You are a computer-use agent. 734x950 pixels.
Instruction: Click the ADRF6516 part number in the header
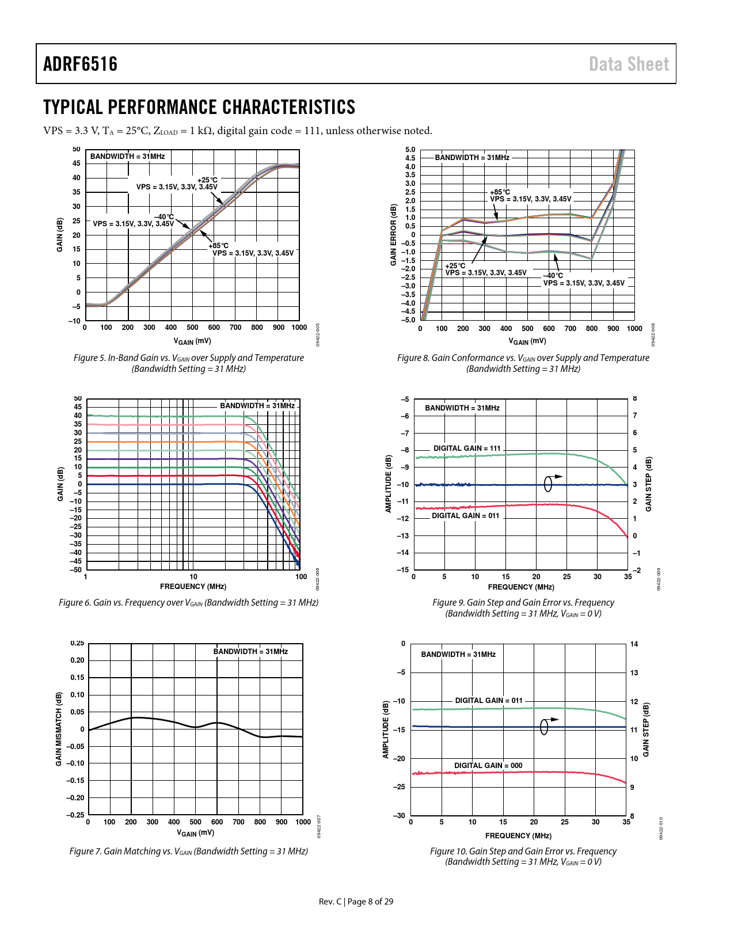click(80, 64)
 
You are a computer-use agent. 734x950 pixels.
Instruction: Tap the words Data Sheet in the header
click(629, 64)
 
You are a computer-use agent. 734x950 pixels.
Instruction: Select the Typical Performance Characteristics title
click(199, 107)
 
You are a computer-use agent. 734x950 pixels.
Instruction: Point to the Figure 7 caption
click(189, 851)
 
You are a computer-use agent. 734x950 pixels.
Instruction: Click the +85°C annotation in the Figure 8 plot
click(500, 192)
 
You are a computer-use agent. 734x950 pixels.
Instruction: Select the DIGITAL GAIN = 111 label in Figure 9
click(467, 448)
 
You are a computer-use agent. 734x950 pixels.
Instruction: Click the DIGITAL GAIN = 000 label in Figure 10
click(488, 765)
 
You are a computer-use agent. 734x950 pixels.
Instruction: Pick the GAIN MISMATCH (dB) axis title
click(59, 729)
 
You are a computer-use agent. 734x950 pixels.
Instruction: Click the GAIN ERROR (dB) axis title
click(394, 234)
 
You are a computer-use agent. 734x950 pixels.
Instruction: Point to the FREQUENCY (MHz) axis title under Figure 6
click(193, 587)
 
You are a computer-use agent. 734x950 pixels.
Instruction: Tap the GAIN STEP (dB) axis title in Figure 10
click(646, 730)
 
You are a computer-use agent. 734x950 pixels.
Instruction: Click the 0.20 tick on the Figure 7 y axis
click(77, 660)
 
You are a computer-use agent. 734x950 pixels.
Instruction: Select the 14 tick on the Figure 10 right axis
click(634, 644)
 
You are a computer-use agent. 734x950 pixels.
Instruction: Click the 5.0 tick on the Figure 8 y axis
click(410, 150)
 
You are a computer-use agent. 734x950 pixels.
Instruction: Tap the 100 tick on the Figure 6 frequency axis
click(301, 576)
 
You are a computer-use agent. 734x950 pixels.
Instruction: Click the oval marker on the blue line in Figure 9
click(548, 484)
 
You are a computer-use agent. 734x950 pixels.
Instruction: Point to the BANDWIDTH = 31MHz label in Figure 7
click(250, 652)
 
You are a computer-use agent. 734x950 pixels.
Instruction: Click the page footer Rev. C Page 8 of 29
click(356, 902)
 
